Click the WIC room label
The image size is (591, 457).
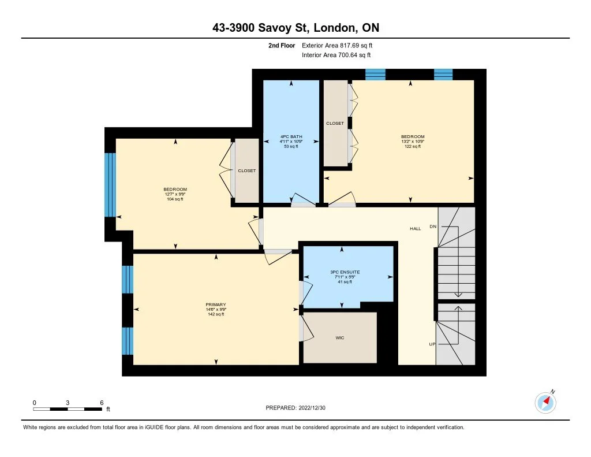coord(339,338)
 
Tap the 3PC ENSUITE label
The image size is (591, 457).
coord(345,272)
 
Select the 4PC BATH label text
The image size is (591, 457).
coord(291,136)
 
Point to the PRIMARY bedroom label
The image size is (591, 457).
coord(216,304)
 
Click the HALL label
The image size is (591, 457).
coord(416,228)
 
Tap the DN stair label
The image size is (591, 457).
coord(433,226)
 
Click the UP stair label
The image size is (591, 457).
coord(432,344)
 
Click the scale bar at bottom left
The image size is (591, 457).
coord(68,409)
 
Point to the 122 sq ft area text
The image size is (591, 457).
coord(413,146)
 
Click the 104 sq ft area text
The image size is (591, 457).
coord(175,199)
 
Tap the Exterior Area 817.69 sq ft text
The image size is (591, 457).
coord(337,45)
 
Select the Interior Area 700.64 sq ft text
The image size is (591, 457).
coord(336,55)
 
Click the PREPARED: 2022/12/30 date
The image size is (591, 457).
coord(295,407)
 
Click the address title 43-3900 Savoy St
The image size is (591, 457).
coord(261,28)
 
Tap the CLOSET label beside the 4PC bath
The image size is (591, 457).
coord(247,170)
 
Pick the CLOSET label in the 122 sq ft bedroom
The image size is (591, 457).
coord(335,124)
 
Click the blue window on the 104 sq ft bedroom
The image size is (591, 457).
coord(110,185)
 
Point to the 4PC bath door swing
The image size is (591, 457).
coord(304,200)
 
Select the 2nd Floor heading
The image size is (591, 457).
coord(282,45)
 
